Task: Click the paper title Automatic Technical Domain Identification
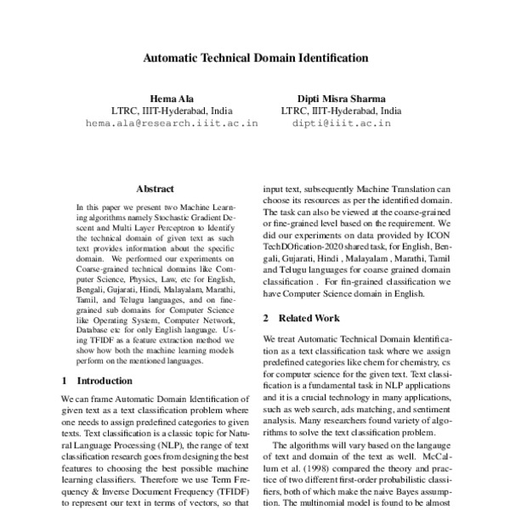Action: pyautogui.click(x=255, y=59)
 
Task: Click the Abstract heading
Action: pyautogui.click(x=155, y=190)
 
